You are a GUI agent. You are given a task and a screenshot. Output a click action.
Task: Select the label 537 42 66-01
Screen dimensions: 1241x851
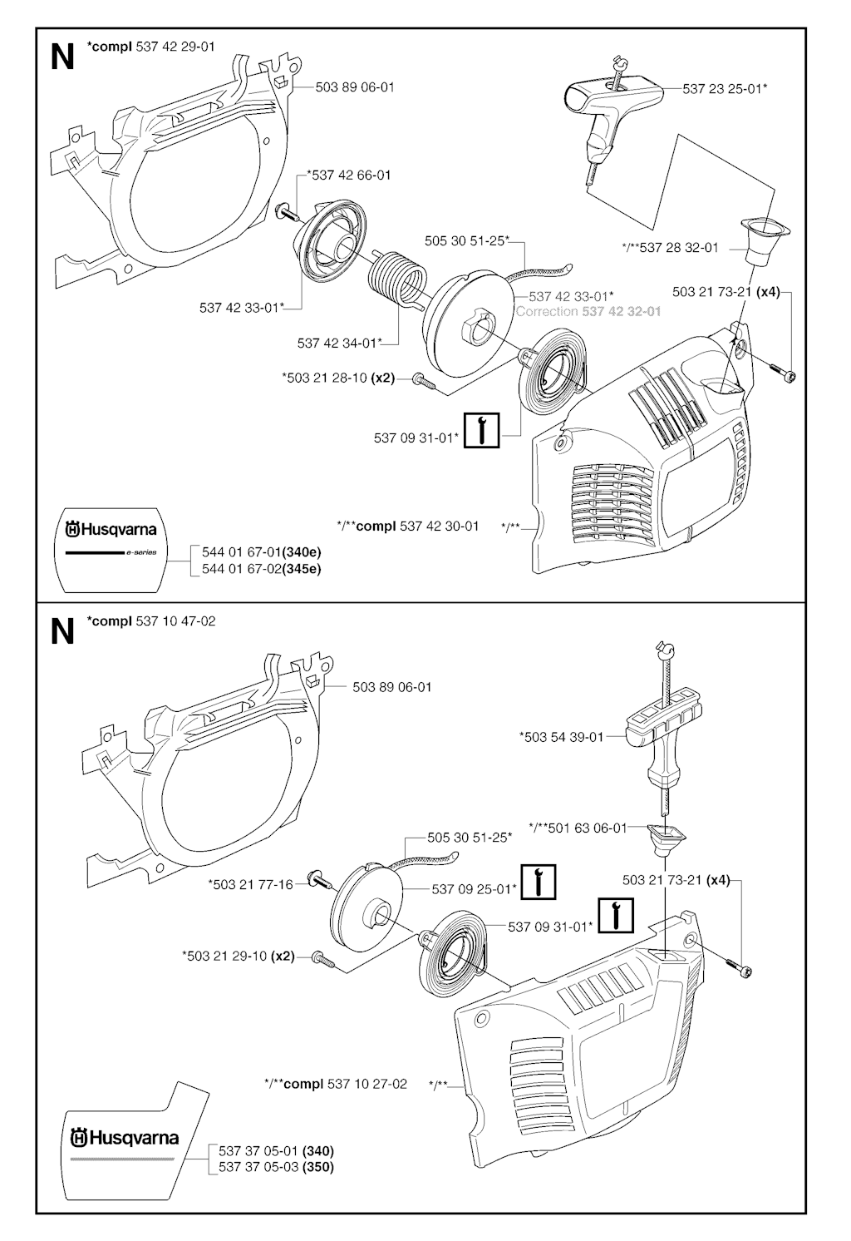(x=349, y=175)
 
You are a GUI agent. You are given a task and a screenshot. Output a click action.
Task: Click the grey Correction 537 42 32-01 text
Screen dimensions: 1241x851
(x=588, y=311)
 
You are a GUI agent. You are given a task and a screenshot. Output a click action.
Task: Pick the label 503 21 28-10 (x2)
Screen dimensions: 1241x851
(x=337, y=378)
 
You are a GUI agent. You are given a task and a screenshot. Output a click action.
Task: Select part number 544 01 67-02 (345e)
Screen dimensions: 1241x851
(x=261, y=569)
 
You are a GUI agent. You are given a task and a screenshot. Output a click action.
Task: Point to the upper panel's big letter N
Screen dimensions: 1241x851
(x=62, y=57)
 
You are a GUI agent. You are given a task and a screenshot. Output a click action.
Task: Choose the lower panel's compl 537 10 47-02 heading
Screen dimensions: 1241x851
(x=151, y=621)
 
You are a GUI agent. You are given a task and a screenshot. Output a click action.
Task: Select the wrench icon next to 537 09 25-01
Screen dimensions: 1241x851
(x=539, y=883)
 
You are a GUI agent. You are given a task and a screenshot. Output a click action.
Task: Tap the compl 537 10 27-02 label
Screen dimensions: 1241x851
(x=335, y=1084)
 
